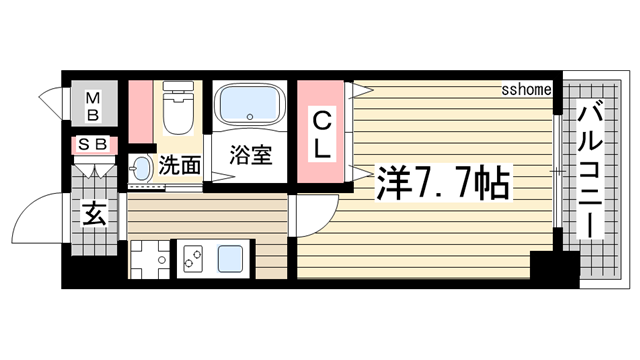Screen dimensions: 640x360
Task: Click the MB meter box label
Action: (93, 107)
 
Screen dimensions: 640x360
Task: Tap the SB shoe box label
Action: (93, 144)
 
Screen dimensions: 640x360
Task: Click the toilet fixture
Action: (178, 108)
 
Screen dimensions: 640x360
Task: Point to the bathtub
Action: (249, 104)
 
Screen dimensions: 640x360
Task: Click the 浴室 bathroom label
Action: (250, 155)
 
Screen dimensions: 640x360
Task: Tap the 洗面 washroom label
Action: (180, 165)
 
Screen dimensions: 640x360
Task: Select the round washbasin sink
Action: (141, 169)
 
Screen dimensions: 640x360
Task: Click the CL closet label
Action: (322, 134)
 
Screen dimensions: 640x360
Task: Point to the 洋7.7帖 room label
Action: (443, 183)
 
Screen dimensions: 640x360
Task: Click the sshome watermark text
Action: (527, 89)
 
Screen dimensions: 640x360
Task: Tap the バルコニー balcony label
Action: (590, 171)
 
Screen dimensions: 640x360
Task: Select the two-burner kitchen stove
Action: (193, 259)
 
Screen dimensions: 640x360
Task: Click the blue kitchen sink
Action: (230, 259)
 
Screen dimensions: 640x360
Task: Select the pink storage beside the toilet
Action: (141, 112)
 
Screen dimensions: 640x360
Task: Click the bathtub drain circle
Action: (250, 117)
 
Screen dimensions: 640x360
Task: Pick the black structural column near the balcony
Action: (555, 266)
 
